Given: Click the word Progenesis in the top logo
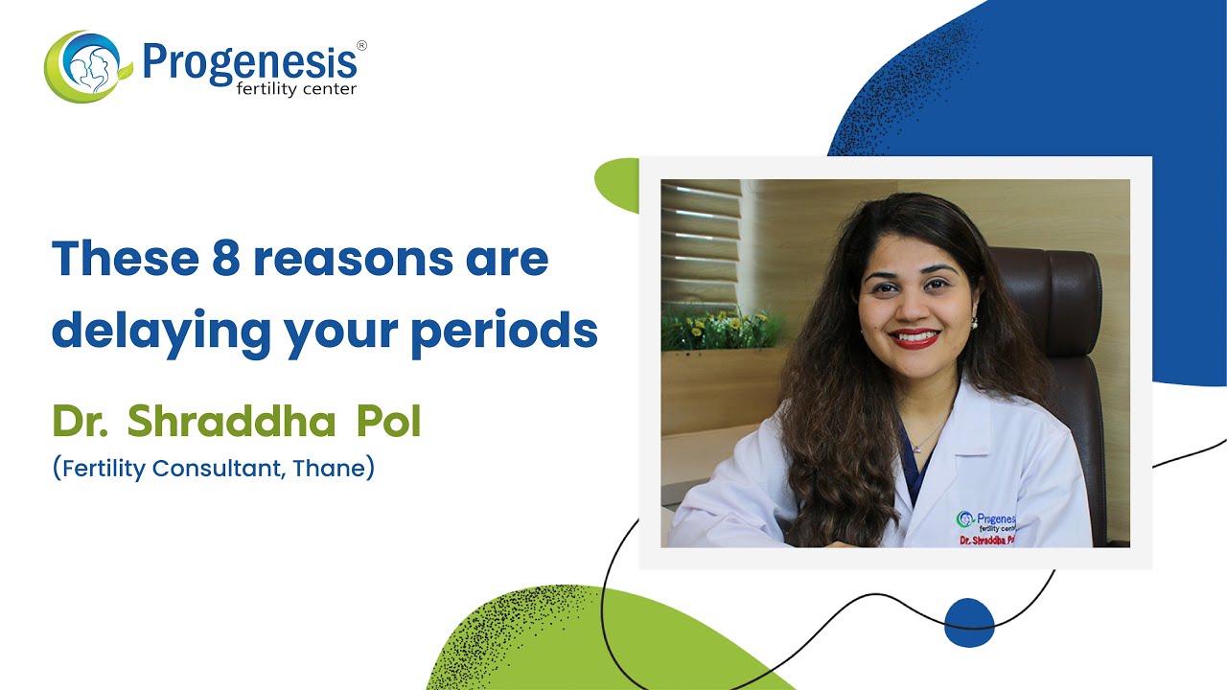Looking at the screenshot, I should click(x=249, y=61).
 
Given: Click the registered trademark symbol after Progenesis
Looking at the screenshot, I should click(x=361, y=45).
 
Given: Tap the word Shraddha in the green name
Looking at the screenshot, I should click(x=232, y=422).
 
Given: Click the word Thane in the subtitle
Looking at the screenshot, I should click(x=333, y=470).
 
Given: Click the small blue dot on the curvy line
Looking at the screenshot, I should click(x=968, y=622).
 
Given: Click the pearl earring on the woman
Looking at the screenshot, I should click(x=974, y=323).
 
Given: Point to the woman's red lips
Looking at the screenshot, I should click(x=914, y=337).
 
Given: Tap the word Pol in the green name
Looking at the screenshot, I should click(x=388, y=422).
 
